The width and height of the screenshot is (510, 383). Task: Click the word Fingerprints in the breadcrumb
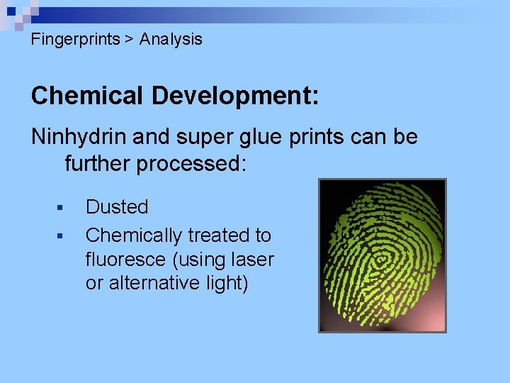[75, 40]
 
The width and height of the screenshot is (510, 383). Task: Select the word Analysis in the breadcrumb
[171, 40]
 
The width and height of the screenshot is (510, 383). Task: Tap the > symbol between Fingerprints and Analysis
[130, 40]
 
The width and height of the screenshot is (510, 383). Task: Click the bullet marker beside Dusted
[59, 208]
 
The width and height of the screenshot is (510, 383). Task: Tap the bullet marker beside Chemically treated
[59, 235]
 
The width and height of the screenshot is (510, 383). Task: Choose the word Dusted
[117, 207]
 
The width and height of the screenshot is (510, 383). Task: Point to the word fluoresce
[127, 260]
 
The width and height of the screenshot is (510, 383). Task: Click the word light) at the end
[225, 283]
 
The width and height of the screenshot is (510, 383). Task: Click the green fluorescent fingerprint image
[382, 255]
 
